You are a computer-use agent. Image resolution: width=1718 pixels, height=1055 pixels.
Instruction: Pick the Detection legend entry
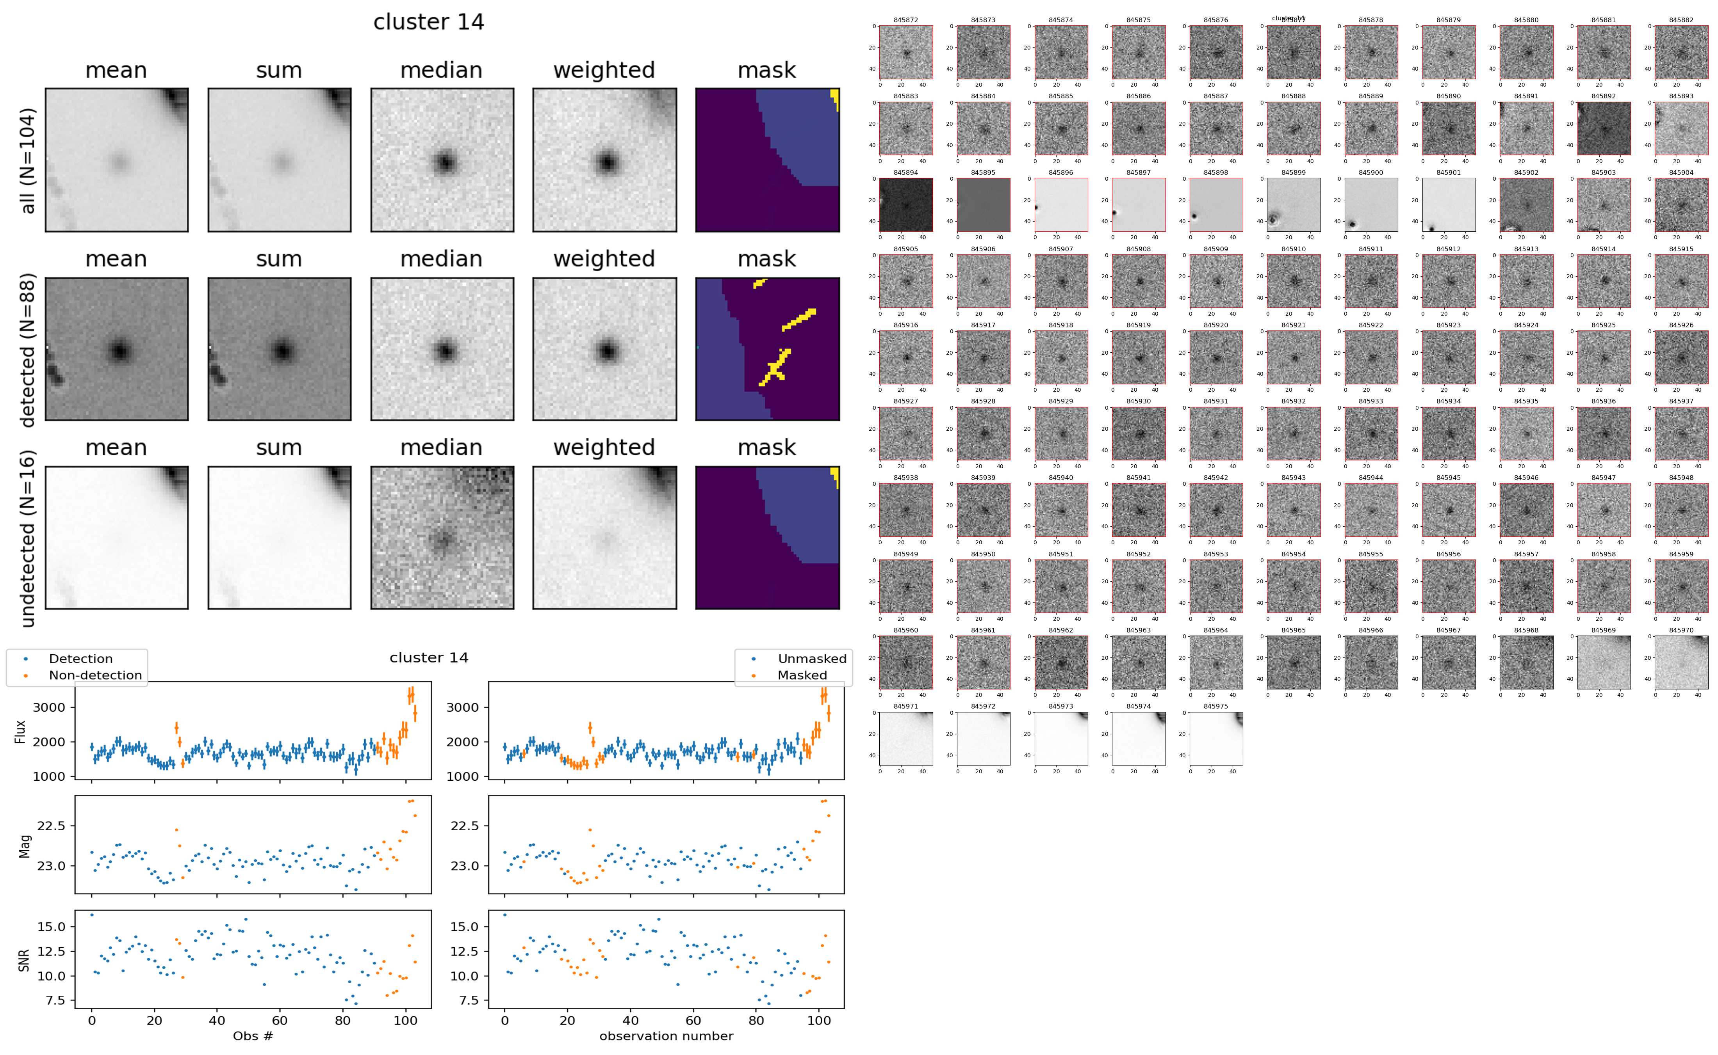tap(80, 659)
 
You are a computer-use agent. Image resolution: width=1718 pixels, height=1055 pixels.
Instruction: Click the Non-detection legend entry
tap(95, 675)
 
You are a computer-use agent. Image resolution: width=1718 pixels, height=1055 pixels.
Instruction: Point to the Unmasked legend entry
tap(811, 659)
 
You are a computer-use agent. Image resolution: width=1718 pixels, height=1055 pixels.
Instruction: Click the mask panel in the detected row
tap(767, 349)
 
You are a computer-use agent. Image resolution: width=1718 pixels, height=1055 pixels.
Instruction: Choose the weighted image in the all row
tap(604, 160)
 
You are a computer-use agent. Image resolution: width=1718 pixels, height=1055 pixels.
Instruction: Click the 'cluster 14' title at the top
tap(429, 22)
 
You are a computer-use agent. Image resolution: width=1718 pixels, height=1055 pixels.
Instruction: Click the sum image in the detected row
tap(279, 349)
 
